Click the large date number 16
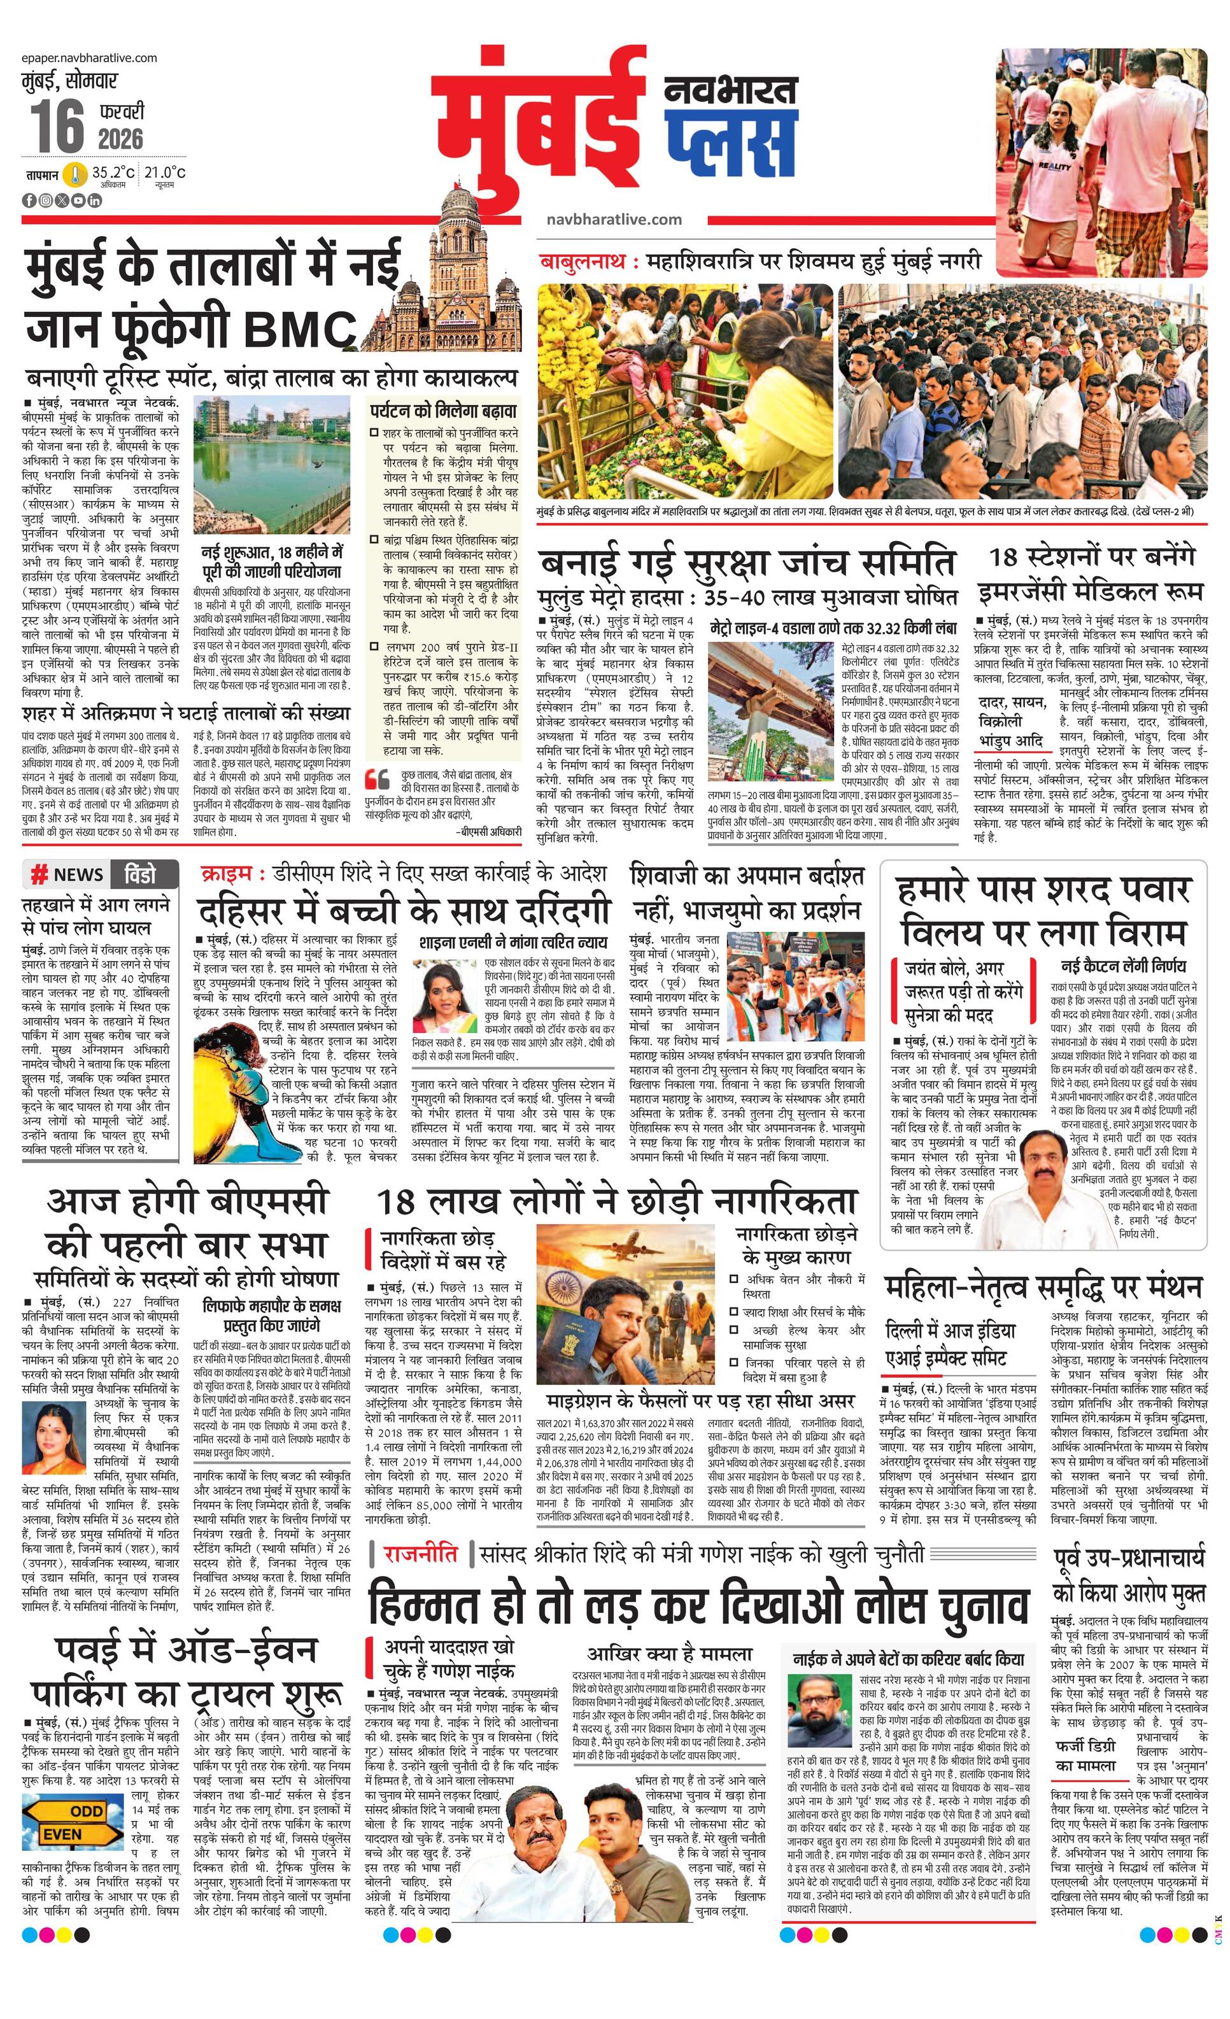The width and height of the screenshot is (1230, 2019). tap(57, 125)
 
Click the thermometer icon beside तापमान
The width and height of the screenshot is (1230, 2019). tap(76, 174)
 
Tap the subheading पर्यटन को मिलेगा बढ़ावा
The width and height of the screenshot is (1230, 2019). tap(442, 411)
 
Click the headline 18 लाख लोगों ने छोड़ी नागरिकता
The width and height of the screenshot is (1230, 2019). tap(616, 1202)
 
